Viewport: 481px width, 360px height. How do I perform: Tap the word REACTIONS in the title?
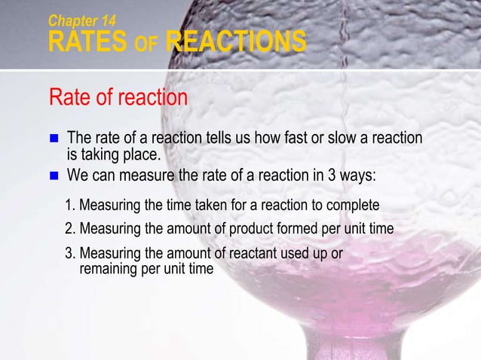coord(236,41)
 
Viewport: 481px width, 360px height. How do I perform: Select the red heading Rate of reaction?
coord(118,98)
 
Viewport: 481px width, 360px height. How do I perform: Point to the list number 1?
coord(69,205)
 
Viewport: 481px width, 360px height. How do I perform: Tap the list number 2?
coord(69,229)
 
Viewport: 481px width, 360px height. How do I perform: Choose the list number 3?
coord(69,254)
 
